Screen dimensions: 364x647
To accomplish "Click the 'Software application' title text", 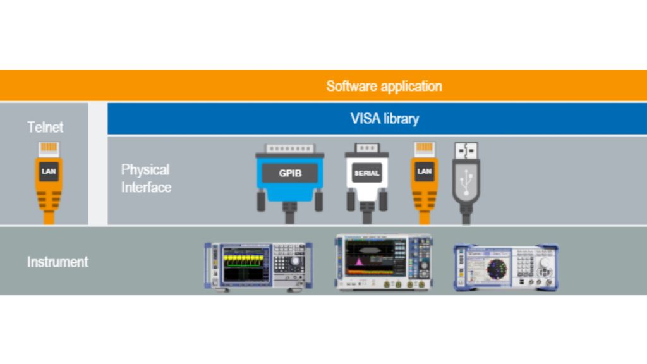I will [384, 86].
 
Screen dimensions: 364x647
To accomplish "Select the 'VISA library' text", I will [384, 119].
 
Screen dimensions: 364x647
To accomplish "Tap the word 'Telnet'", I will [45, 127].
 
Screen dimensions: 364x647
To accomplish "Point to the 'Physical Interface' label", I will [146, 178].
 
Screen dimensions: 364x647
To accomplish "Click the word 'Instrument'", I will [57, 261].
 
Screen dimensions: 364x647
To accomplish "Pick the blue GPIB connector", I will [289, 180].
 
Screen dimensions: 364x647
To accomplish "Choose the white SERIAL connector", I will [367, 180].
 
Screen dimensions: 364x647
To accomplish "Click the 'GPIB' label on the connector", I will [290, 173].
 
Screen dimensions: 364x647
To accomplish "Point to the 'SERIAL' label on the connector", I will [367, 173].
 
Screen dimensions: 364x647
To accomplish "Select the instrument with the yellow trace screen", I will [258, 266].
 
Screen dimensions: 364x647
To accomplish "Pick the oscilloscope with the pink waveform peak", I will [384, 262].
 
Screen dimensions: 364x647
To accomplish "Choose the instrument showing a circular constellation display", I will [505, 267].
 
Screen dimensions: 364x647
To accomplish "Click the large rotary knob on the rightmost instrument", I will [544, 272].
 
